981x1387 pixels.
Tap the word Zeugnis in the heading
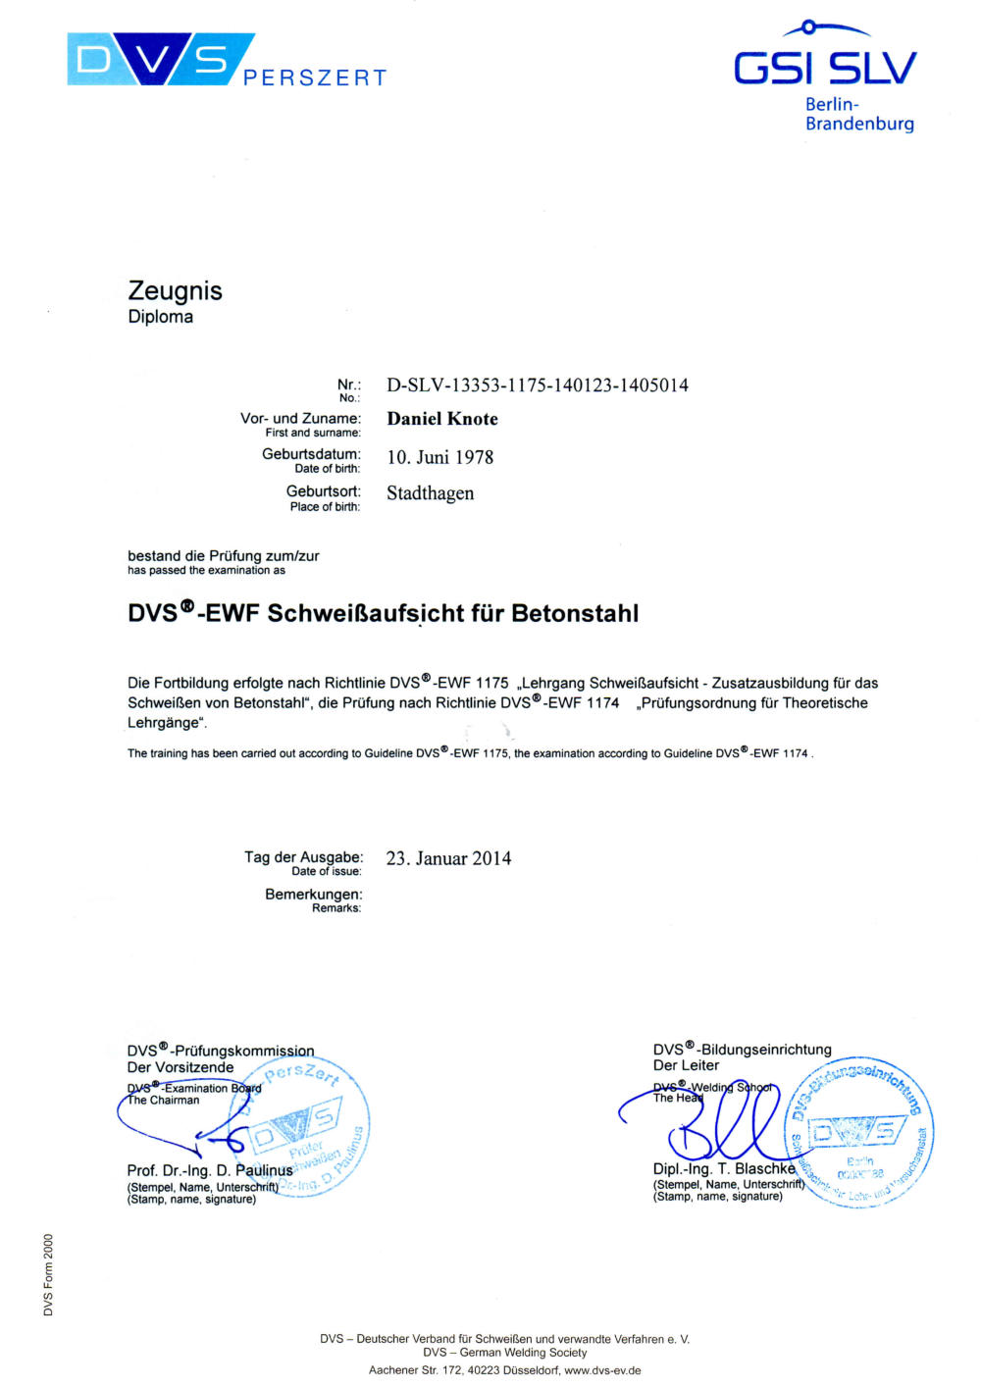point(175,291)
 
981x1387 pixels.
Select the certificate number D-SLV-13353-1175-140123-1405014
point(537,385)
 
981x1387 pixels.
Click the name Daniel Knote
point(442,419)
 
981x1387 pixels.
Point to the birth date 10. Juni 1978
point(439,457)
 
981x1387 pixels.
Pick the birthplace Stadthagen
point(430,493)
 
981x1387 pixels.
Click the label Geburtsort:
point(324,490)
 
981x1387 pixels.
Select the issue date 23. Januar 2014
point(448,858)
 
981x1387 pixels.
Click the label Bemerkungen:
point(313,895)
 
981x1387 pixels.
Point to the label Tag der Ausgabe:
point(303,857)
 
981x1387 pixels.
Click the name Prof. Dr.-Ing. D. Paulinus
point(209,1170)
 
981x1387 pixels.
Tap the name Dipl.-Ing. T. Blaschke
point(724,1168)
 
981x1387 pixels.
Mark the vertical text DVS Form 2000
point(48,1274)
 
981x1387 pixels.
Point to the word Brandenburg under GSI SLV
point(859,124)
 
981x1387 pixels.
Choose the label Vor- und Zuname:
point(300,418)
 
